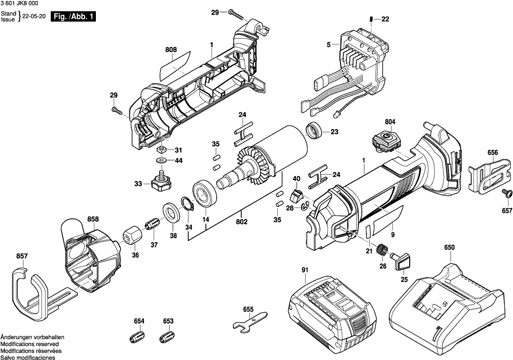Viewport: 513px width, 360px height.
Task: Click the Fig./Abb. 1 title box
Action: coord(74,16)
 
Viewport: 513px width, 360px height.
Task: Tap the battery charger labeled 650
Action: coord(448,302)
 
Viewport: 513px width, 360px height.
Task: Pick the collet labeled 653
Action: coord(168,338)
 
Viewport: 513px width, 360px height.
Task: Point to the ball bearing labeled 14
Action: coord(204,193)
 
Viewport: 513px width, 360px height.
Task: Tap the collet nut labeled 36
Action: coord(131,235)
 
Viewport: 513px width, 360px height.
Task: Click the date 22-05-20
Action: coord(35,16)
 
